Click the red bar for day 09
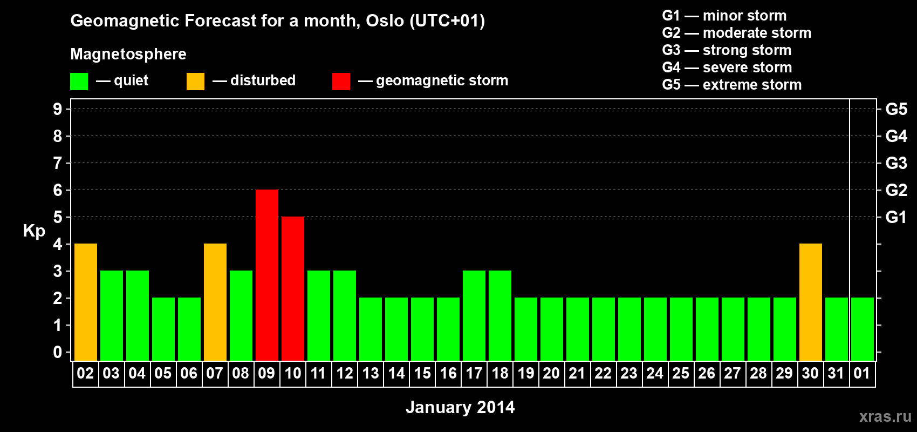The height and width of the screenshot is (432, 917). point(267,275)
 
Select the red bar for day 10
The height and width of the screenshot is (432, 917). point(293,288)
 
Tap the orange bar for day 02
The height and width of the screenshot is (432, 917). point(86,302)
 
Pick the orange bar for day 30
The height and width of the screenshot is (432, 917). point(811,302)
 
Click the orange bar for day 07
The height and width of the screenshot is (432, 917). point(215,302)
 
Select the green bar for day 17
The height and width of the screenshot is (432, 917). point(474,315)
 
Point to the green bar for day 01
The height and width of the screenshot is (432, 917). point(863,329)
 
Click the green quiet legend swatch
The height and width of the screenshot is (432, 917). point(79,81)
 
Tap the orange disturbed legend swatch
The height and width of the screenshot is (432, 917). point(195,81)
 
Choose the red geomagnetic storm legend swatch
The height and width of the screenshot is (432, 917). point(341,81)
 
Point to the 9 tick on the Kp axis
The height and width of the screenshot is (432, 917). point(57,109)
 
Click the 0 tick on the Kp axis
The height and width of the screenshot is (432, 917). point(57,352)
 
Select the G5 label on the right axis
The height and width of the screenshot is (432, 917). point(896,109)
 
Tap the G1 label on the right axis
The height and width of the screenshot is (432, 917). point(896,217)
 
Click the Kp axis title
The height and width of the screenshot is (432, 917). point(34,231)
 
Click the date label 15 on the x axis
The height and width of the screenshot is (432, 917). point(422,373)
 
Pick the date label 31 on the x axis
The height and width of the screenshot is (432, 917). point(836,373)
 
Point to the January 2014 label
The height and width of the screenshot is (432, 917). point(460,407)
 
